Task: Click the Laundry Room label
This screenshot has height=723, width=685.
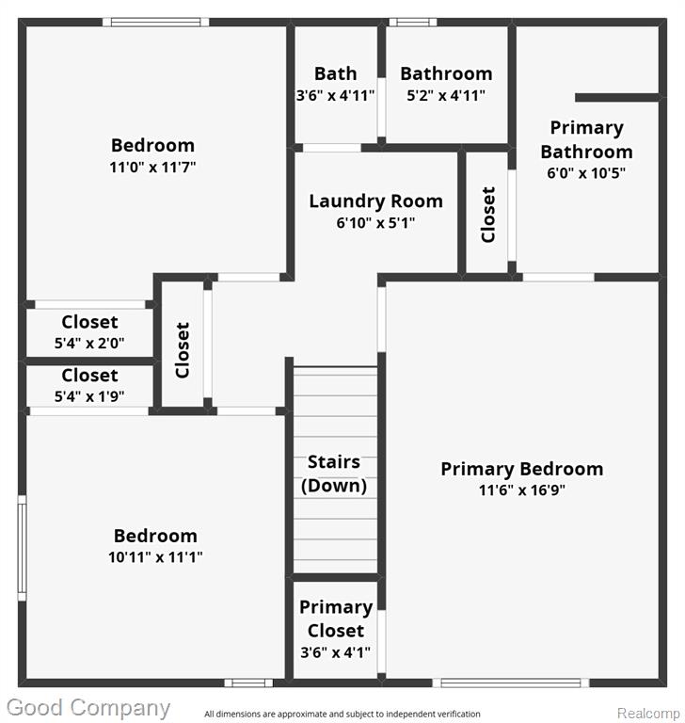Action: pyautogui.click(x=375, y=201)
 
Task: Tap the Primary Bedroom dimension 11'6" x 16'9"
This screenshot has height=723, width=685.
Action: pyautogui.click(x=522, y=490)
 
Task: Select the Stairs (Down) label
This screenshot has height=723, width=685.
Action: pyautogui.click(x=334, y=474)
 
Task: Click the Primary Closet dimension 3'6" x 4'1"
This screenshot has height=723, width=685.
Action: pyautogui.click(x=335, y=652)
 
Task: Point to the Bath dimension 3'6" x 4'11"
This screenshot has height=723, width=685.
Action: pyautogui.click(x=335, y=95)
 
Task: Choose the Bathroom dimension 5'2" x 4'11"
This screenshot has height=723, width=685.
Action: pyautogui.click(x=446, y=95)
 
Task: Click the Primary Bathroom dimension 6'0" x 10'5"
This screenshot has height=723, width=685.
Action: pyautogui.click(x=586, y=173)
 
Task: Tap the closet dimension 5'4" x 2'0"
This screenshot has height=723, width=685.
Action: pyautogui.click(x=89, y=343)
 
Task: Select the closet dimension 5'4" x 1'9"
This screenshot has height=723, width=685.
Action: pyautogui.click(x=89, y=396)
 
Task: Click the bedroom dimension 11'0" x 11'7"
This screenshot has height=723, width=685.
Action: pyautogui.click(x=152, y=167)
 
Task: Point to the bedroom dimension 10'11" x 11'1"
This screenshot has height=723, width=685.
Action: pyautogui.click(x=155, y=557)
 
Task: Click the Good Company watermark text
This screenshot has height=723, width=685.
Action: pyautogui.click(x=88, y=708)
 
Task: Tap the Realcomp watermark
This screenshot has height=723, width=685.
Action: pyautogui.click(x=648, y=714)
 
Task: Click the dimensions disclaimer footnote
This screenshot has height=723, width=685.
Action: pyautogui.click(x=342, y=714)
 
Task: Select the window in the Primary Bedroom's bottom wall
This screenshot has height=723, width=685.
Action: pyautogui.click(x=511, y=683)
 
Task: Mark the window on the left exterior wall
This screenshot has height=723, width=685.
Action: pyautogui.click(x=23, y=548)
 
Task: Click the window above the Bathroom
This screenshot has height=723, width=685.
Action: pyautogui.click(x=413, y=23)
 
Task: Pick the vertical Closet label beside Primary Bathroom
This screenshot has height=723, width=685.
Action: pyautogui.click(x=488, y=215)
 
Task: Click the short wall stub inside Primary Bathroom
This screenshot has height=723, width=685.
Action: pyautogui.click(x=616, y=98)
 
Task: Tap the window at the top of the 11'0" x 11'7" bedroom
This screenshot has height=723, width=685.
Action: pyautogui.click(x=156, y=23)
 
